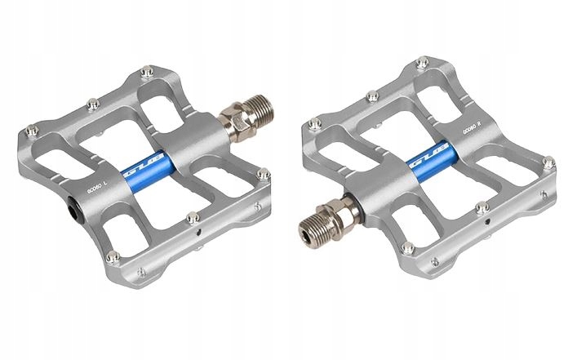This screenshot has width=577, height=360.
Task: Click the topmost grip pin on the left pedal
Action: pos(145,73)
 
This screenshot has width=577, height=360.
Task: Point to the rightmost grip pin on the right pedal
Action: pos(548,162)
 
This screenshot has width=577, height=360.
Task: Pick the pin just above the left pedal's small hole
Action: pos(192,217)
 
